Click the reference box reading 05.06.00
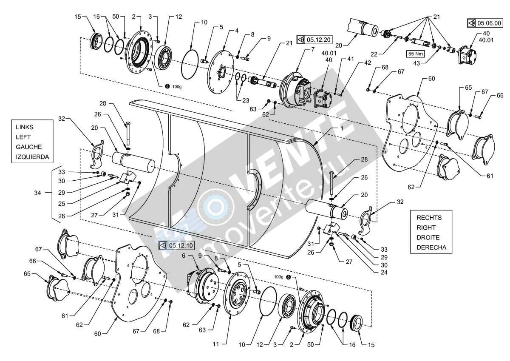[485, 23]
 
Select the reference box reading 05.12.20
[314, 40]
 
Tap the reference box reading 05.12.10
[176, 245]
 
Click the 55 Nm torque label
[416, 54]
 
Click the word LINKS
[25, 127]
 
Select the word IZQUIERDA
[32, 157]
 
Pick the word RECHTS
[429, 218]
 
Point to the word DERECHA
[431, 247]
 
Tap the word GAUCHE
[29, 147]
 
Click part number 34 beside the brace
[37, 193]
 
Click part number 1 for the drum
[342, 128]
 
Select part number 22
[374, 54]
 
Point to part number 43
[416, 63]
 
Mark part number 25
[62, 204]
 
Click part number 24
[384, 273]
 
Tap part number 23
[246, 100]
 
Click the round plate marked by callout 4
[221, 72]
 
